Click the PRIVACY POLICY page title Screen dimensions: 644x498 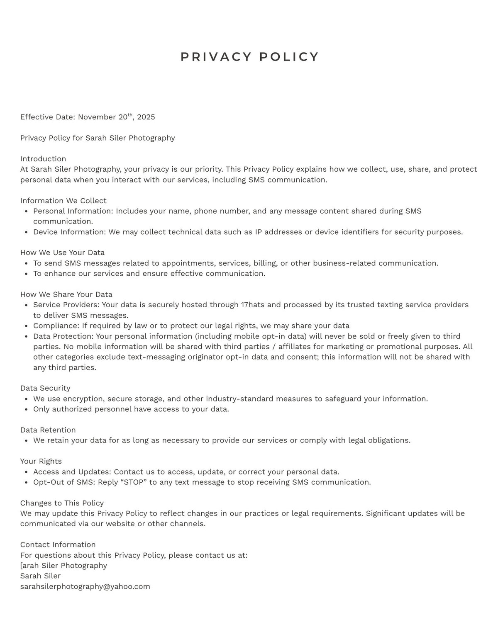tap(249, 57)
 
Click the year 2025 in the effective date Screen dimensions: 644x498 tap(146, 117)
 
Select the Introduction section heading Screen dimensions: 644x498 tap(43, 159)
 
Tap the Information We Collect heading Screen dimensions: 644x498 tap(63, 201)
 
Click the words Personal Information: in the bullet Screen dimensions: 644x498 tap(73, 211)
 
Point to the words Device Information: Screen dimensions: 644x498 tap(70, 232)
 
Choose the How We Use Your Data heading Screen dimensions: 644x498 tap(62, 253)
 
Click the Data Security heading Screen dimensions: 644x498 tap(45, 388)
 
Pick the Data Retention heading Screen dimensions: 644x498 tap(48, 430)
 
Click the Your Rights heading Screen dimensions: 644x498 tap(41, 461)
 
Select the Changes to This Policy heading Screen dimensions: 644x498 tap(62, 503)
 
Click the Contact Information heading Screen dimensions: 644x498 tap(58, 544)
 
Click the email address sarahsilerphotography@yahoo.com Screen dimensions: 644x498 tap(85, 586)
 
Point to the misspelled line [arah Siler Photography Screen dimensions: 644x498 tap(63, 566)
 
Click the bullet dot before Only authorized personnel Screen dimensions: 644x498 tap(26, 409)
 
